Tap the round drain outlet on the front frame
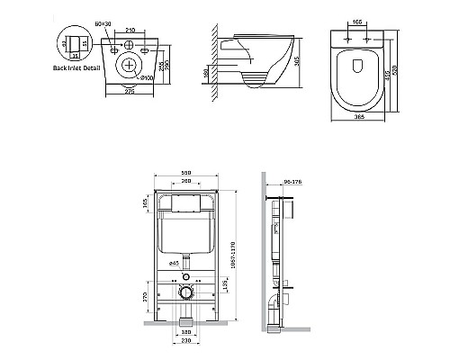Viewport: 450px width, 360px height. tap(186, 291)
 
